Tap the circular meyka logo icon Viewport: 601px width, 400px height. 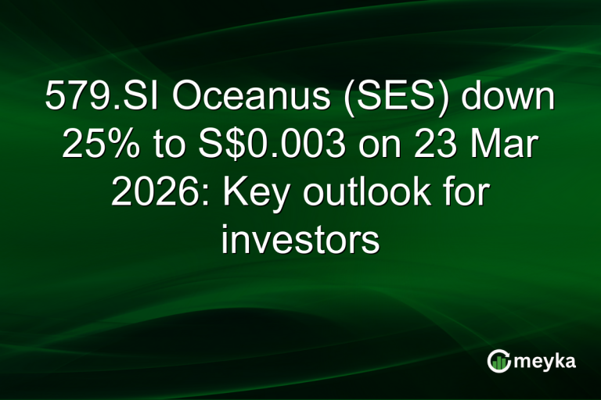498,360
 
